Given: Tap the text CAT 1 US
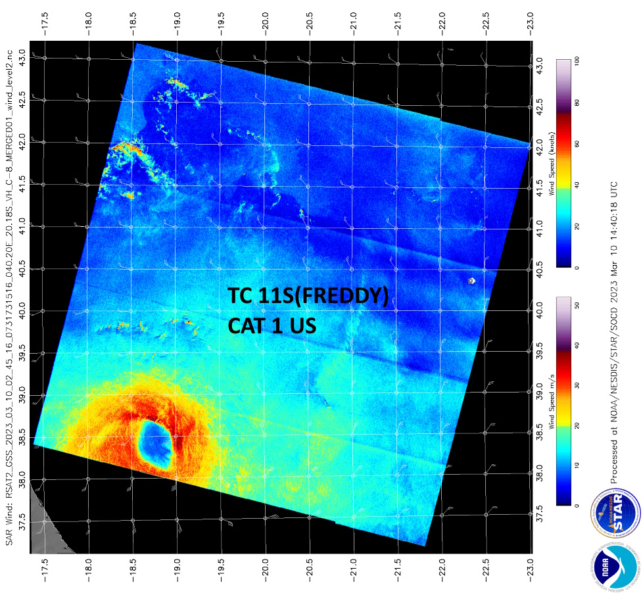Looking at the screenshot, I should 272,325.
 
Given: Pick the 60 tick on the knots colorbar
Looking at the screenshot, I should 577,143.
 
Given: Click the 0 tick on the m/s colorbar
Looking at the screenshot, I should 577,504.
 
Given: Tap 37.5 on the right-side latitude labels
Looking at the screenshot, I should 539,513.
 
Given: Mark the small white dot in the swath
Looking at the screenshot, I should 471,281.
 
